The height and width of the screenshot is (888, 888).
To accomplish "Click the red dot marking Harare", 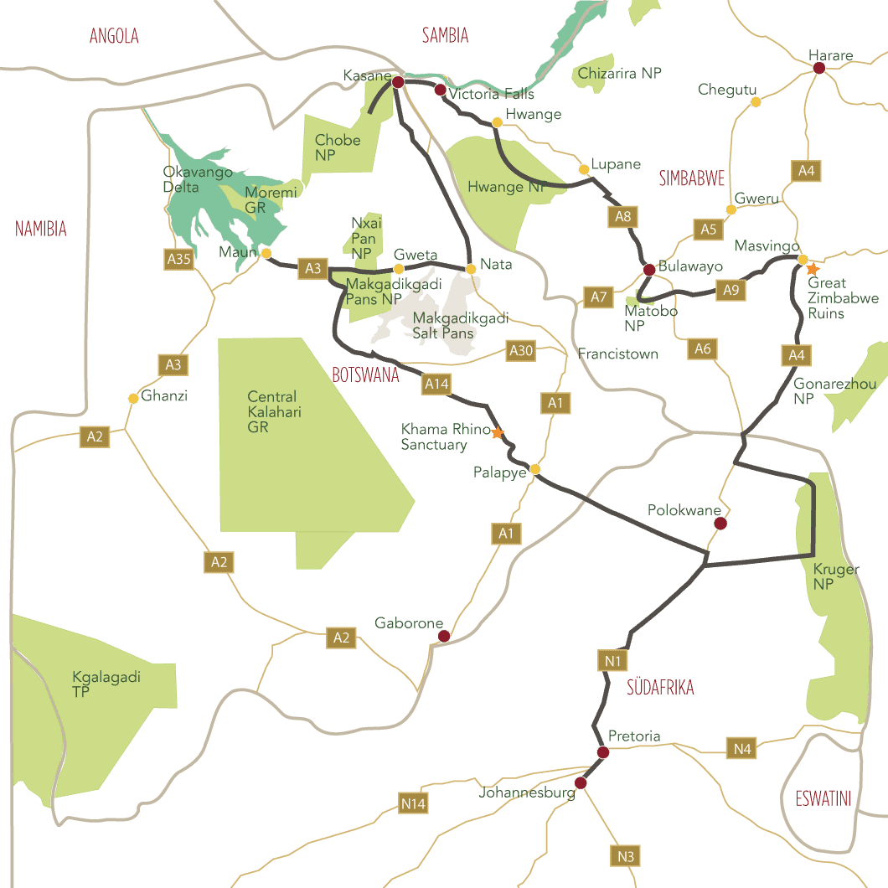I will point(819,68).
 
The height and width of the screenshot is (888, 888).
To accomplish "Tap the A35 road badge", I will point(179,259).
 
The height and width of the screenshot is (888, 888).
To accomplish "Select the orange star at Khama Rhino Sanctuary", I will point(498,433).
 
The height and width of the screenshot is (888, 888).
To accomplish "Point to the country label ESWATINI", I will point(823,798).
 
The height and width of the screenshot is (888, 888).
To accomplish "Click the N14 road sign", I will point(414,804).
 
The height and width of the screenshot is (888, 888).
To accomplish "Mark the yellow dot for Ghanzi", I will point(133,398).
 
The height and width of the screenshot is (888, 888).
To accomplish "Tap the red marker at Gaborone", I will point(445,636).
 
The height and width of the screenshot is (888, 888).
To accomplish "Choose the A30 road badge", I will point(521,351).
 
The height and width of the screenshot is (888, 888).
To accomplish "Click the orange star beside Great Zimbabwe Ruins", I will point(812,270).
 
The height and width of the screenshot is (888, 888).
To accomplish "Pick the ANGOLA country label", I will point(114,36).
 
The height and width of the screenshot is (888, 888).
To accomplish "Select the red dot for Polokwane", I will point(720,524).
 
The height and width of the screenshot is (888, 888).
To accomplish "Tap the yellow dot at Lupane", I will point(584,169).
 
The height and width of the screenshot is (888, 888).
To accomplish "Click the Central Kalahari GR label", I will point(274,411).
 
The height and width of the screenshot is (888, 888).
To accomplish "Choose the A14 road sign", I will point(436,384).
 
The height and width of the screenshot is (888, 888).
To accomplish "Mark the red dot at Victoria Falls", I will point(440,89).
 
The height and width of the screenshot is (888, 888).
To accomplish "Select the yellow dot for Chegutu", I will point(756,102).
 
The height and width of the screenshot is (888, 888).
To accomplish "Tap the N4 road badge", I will point(742,749).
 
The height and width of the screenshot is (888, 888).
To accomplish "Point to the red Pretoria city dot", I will point(602,751).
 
